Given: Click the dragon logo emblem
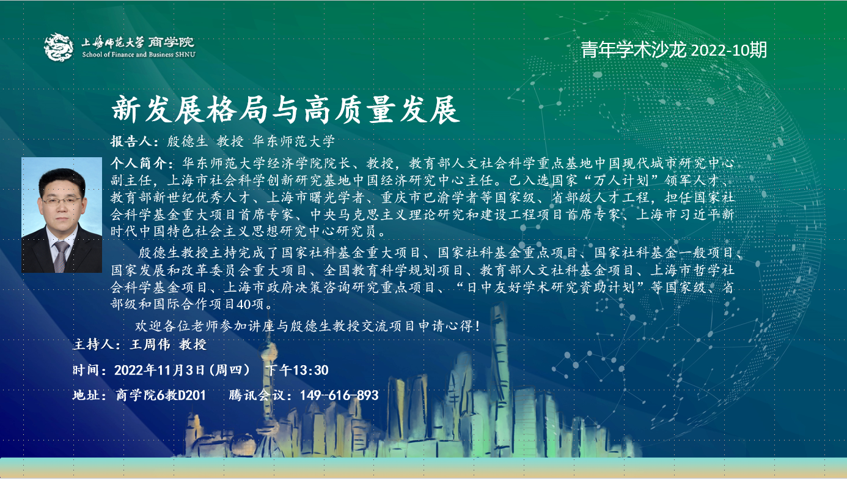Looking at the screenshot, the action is (x=59, y=47).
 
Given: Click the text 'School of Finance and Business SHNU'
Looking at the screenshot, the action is (x=139, y=54).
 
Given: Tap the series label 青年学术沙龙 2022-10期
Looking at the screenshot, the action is (x=674, y=50).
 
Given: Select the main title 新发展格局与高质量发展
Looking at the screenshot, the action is (x=286, y=110).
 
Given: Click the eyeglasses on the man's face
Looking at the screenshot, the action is (x=62, y=200).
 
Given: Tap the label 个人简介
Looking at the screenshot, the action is (x=138, y=163).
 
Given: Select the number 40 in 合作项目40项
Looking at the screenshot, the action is (x=243, y=304).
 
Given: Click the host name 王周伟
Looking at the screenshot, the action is (x=150, y=344).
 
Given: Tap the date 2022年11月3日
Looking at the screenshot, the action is (x=159, y=370).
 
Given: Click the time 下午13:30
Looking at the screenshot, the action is (x=297, y=370).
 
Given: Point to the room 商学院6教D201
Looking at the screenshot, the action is (x=161, y=395).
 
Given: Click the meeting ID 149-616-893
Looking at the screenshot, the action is (x=339, y=395).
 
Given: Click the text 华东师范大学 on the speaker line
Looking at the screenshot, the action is (x=293, y=141).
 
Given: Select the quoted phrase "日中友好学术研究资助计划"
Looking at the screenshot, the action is (x=551, y=288).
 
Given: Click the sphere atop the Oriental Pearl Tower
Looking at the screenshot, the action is (x=268, y=356).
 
